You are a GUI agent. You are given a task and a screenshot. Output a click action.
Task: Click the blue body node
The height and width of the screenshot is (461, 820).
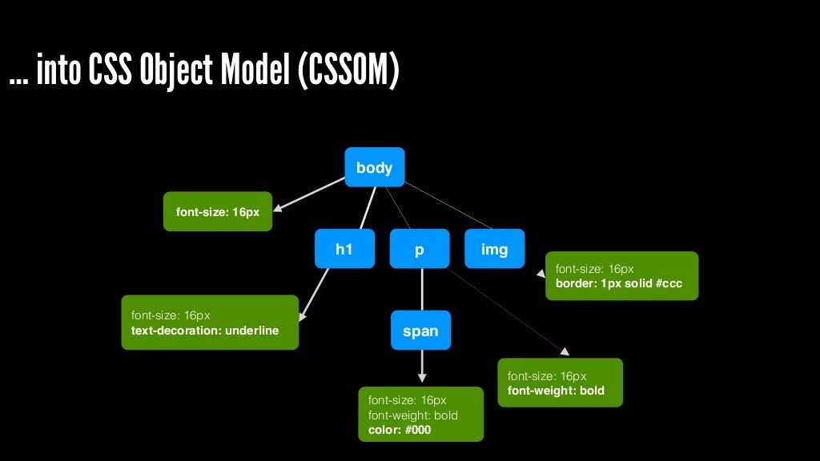click(374, 167)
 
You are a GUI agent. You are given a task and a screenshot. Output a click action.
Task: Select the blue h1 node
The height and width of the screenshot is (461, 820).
click(344, 249)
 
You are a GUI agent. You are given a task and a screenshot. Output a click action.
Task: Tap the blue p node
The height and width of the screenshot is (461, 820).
click(420, 249)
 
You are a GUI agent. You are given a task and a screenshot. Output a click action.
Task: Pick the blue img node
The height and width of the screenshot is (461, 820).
click(494, 249)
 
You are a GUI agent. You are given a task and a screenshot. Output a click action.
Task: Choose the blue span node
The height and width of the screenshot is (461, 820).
click(420, 331)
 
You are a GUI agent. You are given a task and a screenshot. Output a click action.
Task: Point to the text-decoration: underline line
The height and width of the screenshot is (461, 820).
click(205, 330)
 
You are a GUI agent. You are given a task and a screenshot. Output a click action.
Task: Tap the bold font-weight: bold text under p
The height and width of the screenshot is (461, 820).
click(556, 391)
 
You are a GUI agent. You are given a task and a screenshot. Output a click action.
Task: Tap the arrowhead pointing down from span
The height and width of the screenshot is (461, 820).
click(422, 377)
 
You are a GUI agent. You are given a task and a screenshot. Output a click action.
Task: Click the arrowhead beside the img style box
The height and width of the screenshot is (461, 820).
click(540, 273)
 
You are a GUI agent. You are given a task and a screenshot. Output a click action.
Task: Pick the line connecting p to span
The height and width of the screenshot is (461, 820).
click(421, 289)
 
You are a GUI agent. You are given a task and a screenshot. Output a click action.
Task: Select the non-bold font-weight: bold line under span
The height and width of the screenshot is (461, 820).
click(412, 415)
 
